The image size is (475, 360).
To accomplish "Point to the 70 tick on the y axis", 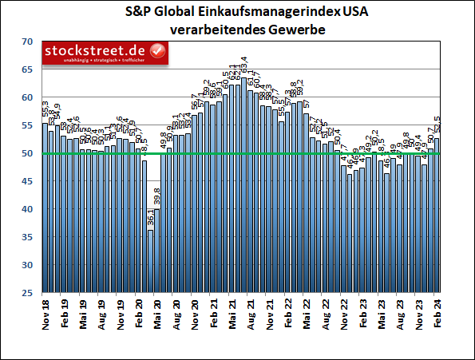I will [27, 42].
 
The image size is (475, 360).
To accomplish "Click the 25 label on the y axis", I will [27, 293].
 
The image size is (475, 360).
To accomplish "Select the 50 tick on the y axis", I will [27, 153].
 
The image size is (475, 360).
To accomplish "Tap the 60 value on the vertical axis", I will [27, 97].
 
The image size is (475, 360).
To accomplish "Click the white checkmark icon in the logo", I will [157, 52].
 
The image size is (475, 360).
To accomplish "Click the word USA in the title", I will [335, 13].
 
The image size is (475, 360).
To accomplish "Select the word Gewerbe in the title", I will [281, 30].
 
